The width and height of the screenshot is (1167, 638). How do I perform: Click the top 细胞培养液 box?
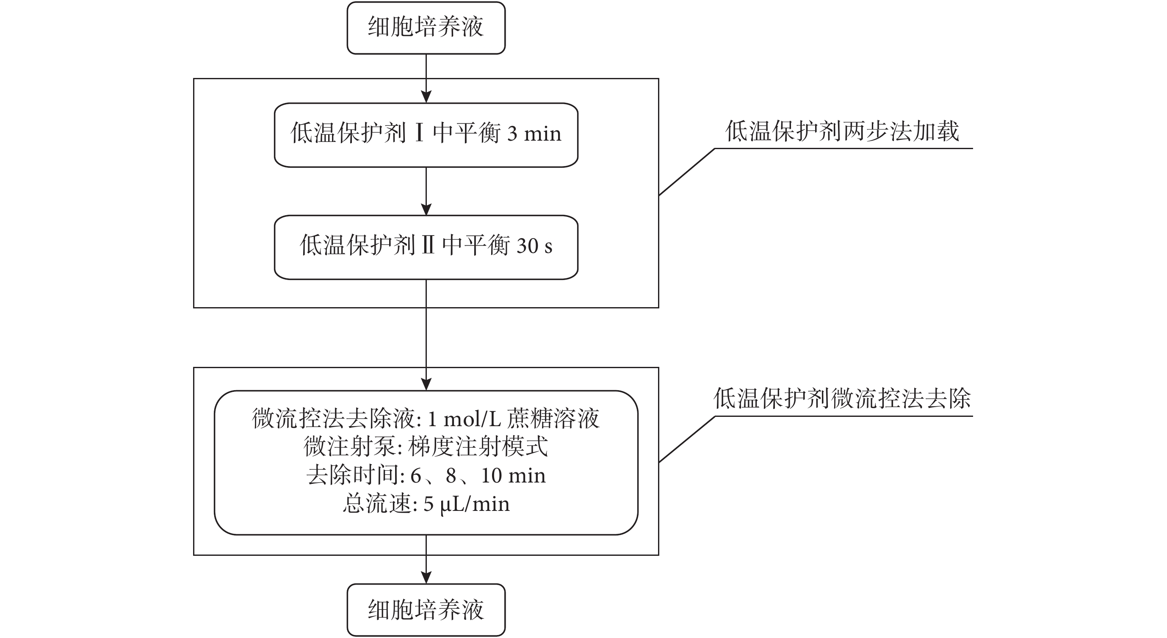pyautogui.click(x=426, y=28)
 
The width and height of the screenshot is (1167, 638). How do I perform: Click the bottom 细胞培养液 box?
pyautogui.click(x=426, y=610)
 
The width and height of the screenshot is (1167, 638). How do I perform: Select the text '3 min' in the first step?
pyautogui.click(x=534, y=134)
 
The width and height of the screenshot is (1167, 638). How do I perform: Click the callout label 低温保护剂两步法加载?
pyautogui.click(x=842, y=131)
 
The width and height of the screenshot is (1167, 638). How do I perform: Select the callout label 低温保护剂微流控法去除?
pyautogui.click(x=843, y=399)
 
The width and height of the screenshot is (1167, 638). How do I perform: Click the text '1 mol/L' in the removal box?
pyautogui.click(x=464, y=419)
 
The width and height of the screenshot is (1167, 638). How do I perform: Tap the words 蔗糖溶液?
pyautogui.click(x=553, y=419)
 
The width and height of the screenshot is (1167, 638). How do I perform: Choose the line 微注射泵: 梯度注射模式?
pyautogui.click(x=426, y=447)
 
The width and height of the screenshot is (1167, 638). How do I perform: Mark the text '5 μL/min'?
pyautogui.click(x=467, y=504)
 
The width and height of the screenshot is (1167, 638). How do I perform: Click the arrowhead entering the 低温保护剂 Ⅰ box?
pyautogui.click(x=426, y=97)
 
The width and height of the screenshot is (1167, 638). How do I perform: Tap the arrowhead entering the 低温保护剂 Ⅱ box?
pyautogui.click(x=426, y=209)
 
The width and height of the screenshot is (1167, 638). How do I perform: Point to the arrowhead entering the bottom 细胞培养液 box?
pyautogui.click(x=426, y=577)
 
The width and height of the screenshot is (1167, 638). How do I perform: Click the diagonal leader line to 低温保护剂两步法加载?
pyautogui.click(x=687, y=172)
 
